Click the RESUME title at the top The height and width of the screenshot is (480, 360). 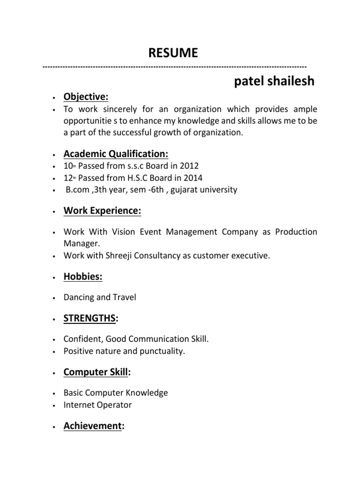tap(173, 53)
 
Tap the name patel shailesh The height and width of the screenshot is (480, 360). tap(274, 82)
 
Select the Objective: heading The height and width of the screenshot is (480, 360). tap(86, 97)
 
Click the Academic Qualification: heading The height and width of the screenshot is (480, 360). tap(116, 154)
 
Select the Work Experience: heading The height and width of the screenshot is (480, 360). tap(102, 211)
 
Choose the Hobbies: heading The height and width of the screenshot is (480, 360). tap(83, 277)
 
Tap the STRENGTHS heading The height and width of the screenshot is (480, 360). tap(90, 319)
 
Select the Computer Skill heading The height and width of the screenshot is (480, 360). tap(96, 372)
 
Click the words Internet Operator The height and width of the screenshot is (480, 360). tap(98, 405)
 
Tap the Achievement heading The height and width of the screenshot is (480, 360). tap(92, 426)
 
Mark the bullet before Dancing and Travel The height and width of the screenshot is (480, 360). tap(55, 298)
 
